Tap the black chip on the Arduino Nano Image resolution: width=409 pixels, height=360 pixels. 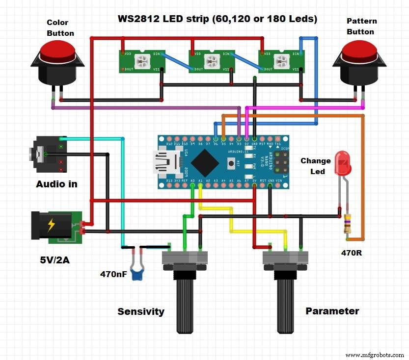point(204,162)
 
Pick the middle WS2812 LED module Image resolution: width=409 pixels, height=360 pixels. point(211,61)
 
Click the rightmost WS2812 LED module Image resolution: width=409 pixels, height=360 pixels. point(280,61)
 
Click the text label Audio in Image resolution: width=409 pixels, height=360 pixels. point(56,184)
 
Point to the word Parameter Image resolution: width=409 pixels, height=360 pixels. point(332,311)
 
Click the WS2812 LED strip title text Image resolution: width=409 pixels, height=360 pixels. point(217,19)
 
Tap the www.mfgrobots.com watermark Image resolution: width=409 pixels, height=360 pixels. point(374,355)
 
